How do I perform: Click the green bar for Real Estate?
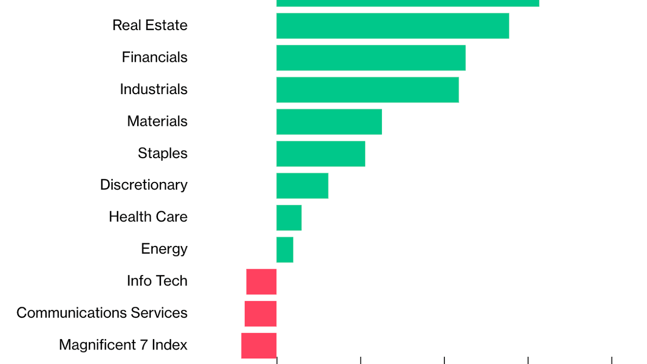click(392, 25)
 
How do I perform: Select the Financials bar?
click(371, 58)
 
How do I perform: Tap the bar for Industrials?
click(367, 89)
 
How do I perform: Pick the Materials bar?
click(329, 122)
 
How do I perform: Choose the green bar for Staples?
click(321, 153)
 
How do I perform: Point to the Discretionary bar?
click(302, 186)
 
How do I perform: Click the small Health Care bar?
click(289, 217)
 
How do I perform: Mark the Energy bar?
click(285, 250)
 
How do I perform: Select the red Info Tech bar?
click(261, 281)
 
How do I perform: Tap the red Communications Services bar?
click(260, 314)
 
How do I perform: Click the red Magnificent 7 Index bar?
click(259, 345)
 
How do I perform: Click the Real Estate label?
click(150, 25)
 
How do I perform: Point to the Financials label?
click(154, 57)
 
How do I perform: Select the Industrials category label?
click(153, 89)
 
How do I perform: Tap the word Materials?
click(157, 121)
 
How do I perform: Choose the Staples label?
click(162, 153)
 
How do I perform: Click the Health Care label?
click(148, 217)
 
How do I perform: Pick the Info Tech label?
click(157, 281)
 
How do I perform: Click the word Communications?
click(71, 313)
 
